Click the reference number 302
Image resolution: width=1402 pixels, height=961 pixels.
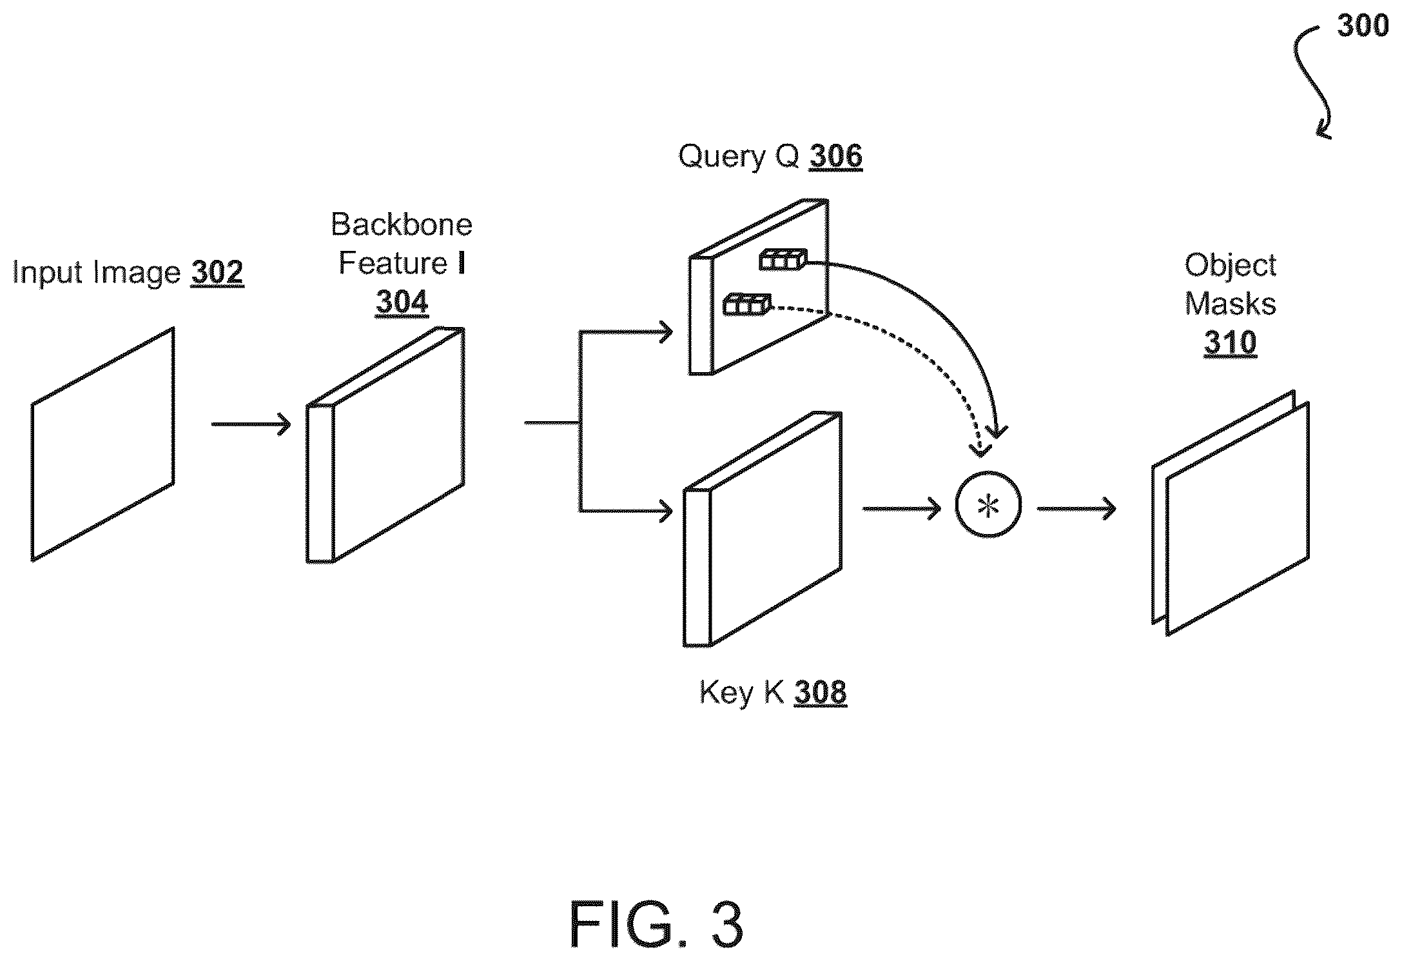(217, 272)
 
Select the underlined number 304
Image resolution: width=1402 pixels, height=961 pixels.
(402, 301)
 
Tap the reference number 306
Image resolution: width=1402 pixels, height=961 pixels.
(836, 155)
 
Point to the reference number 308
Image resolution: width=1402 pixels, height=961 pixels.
(821, 691)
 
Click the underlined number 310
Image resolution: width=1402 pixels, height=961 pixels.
(1230, 342)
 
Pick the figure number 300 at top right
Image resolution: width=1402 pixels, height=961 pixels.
(1362, 26)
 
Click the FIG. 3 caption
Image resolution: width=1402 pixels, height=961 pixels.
(656, 924)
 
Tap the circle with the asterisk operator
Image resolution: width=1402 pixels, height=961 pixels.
(988, 506)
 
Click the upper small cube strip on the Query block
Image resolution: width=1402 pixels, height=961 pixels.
(783, 259)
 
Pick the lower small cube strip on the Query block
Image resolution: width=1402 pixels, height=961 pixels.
(747, 304)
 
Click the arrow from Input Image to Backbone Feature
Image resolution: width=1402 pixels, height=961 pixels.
(251, 424)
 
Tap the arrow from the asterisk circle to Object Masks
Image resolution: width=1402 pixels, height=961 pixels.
(1076, 509)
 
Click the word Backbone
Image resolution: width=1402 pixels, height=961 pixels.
(402, 224)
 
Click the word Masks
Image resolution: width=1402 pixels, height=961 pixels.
(1230, 303)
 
